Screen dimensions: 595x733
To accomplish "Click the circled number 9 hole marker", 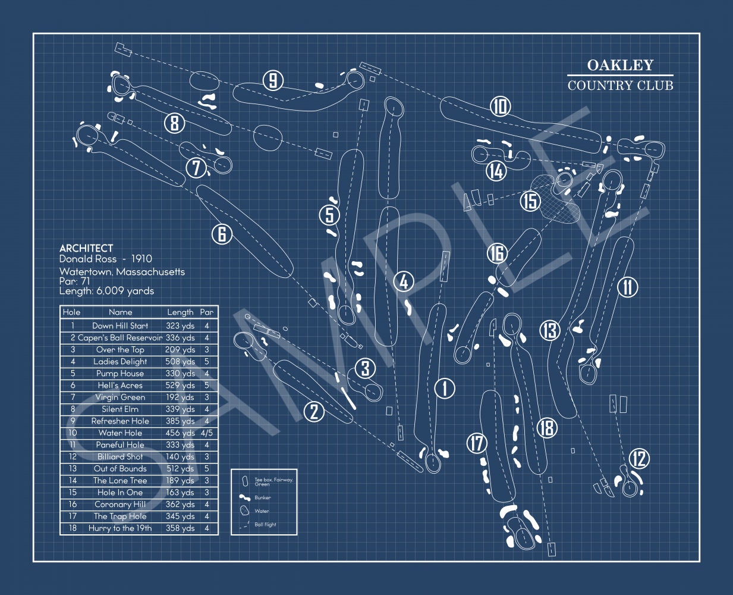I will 273,80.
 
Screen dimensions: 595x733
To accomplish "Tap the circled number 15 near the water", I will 530,201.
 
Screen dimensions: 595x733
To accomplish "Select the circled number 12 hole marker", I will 639,459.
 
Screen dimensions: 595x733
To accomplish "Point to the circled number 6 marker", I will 222,234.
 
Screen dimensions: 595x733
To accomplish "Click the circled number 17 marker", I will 477,443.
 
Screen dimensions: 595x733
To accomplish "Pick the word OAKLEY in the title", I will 620,65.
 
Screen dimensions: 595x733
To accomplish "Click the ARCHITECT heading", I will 86,248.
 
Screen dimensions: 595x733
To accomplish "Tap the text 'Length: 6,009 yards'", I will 106,291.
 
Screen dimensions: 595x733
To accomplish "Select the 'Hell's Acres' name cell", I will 120,386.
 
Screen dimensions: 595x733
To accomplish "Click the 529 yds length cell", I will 180,386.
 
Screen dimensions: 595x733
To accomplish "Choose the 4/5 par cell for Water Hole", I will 206,433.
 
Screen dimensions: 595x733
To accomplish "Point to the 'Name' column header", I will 120,312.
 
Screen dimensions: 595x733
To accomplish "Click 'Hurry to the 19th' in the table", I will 120,528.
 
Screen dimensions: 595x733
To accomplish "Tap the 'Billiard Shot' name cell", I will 120,457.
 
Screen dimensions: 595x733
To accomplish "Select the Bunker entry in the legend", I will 262,497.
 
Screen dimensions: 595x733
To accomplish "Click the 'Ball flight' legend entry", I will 265,525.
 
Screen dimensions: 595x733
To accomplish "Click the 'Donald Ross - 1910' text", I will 105,259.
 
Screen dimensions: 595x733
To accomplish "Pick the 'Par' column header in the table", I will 206,312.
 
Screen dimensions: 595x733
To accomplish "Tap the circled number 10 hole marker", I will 501,107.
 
